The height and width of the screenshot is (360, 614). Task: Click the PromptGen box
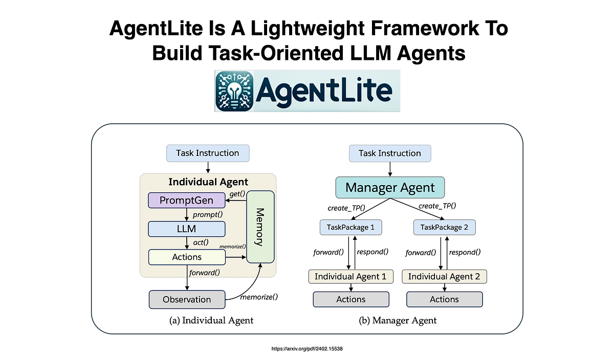click(187, 200)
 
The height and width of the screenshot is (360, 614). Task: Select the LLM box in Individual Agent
click(187, 229)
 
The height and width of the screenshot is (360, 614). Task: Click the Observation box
click(187, 299)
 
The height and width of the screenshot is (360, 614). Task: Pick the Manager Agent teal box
click(390, 187)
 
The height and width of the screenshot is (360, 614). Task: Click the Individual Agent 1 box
click(351, 277)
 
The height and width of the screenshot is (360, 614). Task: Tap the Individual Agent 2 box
click(444, 277)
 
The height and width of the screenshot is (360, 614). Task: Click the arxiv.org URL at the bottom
click(306, 348)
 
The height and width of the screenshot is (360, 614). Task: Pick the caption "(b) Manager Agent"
click(398, 321)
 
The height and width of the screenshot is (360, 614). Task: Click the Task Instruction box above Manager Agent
click(390, 153)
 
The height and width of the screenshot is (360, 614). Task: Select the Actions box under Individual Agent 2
click(444, 299)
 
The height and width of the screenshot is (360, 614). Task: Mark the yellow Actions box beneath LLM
click(187, 257)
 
